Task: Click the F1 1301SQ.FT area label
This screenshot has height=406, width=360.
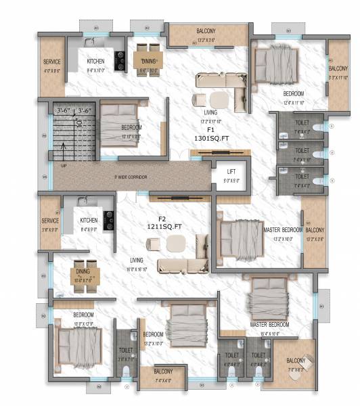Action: (x=210, y=133)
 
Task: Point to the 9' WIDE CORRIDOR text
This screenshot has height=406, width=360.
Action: (x=122, y=177)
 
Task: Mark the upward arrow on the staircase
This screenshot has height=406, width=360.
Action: (x=65, y=150)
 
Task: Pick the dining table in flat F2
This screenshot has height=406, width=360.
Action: (x=86, y=273)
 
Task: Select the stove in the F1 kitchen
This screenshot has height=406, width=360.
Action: (x=120, y=61)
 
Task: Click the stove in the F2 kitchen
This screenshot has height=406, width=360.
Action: (x=108, y=219)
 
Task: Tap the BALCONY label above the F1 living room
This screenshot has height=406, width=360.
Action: (x=206, y=31)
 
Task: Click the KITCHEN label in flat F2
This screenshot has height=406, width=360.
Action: (x=89, y=221)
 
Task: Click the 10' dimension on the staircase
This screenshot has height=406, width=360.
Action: (x=78, y=123)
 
